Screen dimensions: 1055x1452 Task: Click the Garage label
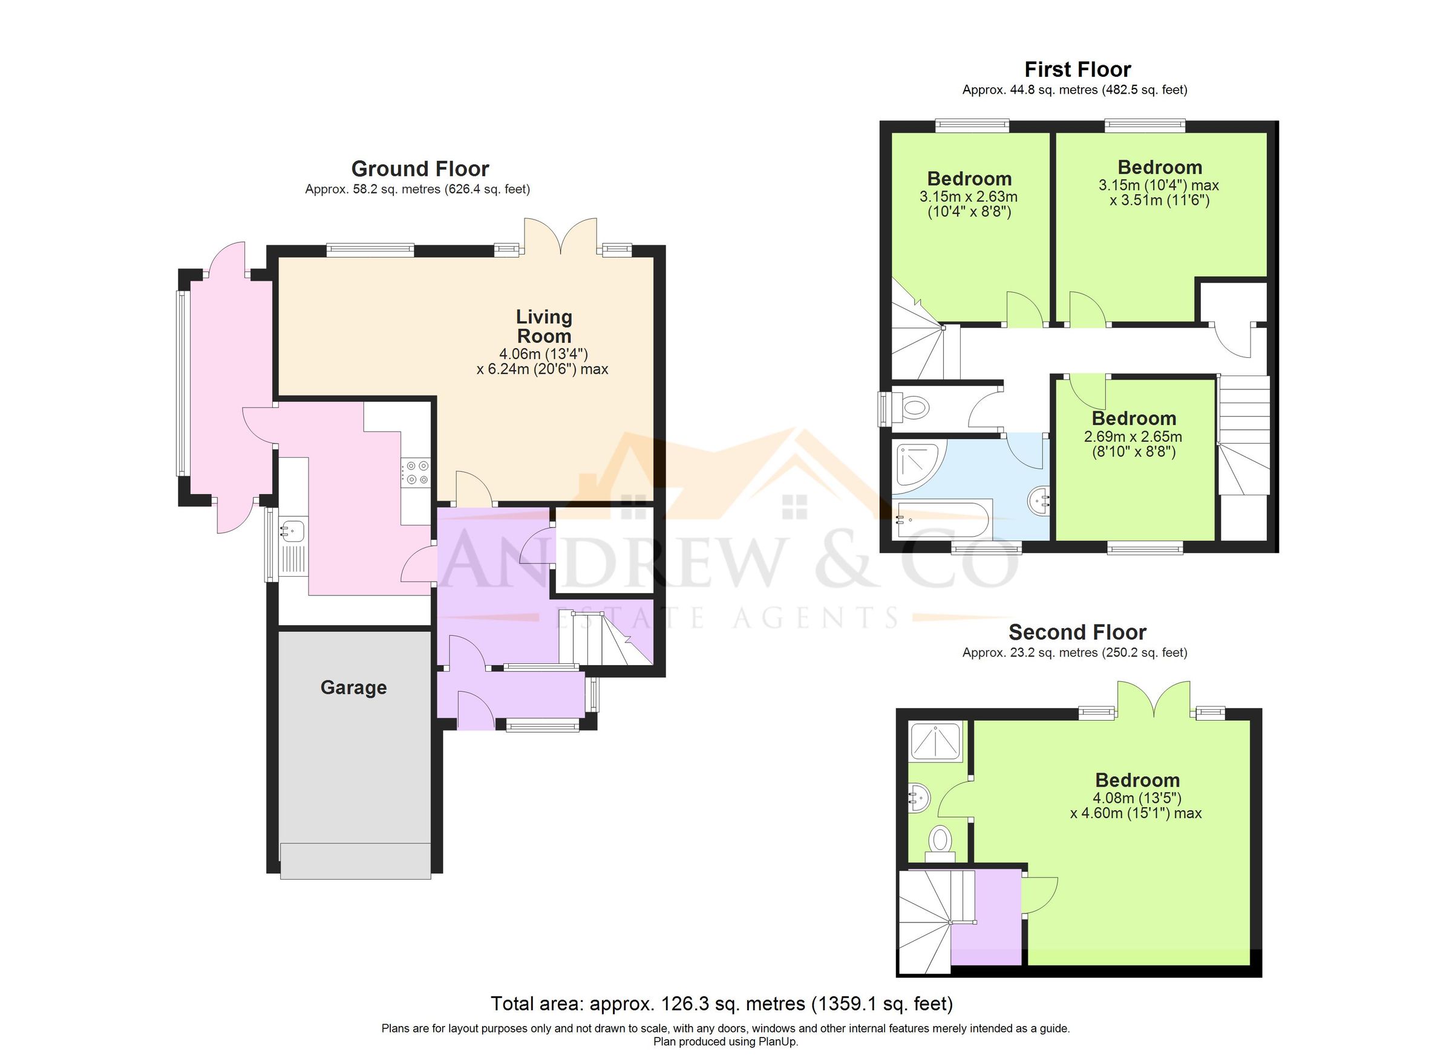(x=353, y=688)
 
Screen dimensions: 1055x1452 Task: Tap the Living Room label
(x=543, y=326)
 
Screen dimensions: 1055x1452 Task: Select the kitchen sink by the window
(x=293, y=530)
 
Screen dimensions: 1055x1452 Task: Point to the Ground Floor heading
(x=419, y=169)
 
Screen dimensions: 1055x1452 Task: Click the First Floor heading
(x=1078, y=69)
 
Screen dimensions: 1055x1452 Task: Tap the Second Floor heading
(x=1077, y=632)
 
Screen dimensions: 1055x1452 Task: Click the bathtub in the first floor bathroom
(x=943, y=519)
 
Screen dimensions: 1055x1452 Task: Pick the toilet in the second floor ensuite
(x=940, y=839)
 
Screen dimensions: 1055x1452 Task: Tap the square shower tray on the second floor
(x=936, y=741)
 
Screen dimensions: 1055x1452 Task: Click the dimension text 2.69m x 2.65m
(x=1133, y=437)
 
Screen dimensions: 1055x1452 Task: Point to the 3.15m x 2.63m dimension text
(x=968, y=197)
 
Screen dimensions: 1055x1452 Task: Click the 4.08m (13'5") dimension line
(x=1136, y=798)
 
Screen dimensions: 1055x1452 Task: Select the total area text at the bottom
(x=722, y=1003)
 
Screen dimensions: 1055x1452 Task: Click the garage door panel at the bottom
(x=355, y=860)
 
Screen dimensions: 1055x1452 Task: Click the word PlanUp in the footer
(x=778, y=1042)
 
